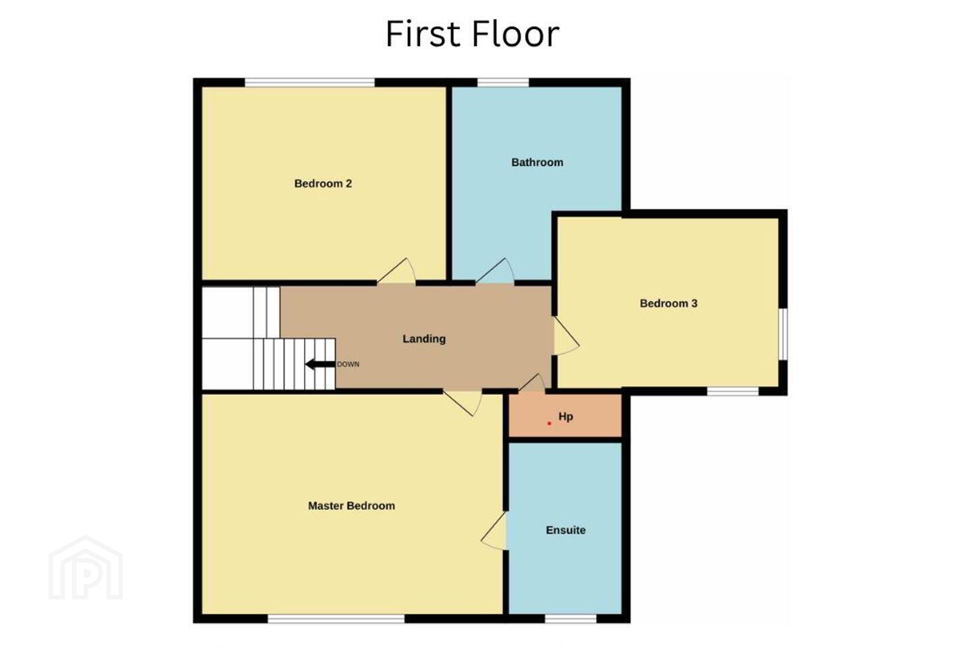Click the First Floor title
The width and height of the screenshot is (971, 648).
[473, 34]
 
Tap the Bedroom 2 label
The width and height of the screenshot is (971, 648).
[323, 184]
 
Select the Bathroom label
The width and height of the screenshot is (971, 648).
[537, 162]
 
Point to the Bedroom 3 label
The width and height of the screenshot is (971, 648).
[668, 303]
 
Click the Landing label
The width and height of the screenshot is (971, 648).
[424, 339]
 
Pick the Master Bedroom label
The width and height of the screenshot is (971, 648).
[351, 506]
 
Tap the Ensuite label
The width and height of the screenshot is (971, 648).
[566, 530]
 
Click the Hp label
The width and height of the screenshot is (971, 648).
[566, 416]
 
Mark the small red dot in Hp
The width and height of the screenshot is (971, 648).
[549, 423]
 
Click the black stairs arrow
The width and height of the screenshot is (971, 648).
[320, 364]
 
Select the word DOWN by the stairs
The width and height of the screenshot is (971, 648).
[348, 364]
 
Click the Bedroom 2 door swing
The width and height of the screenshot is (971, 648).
[396, 271]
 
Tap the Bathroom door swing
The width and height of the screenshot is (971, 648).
[495, 271]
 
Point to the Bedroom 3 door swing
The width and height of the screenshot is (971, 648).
[566, 335]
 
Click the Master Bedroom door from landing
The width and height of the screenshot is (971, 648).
[463, 403]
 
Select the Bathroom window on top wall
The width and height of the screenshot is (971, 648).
[503, 82]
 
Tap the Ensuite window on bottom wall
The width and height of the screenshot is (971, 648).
[570, 618]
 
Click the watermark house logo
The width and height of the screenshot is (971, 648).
[86, 568]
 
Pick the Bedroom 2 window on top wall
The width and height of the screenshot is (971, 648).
[310, 82]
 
